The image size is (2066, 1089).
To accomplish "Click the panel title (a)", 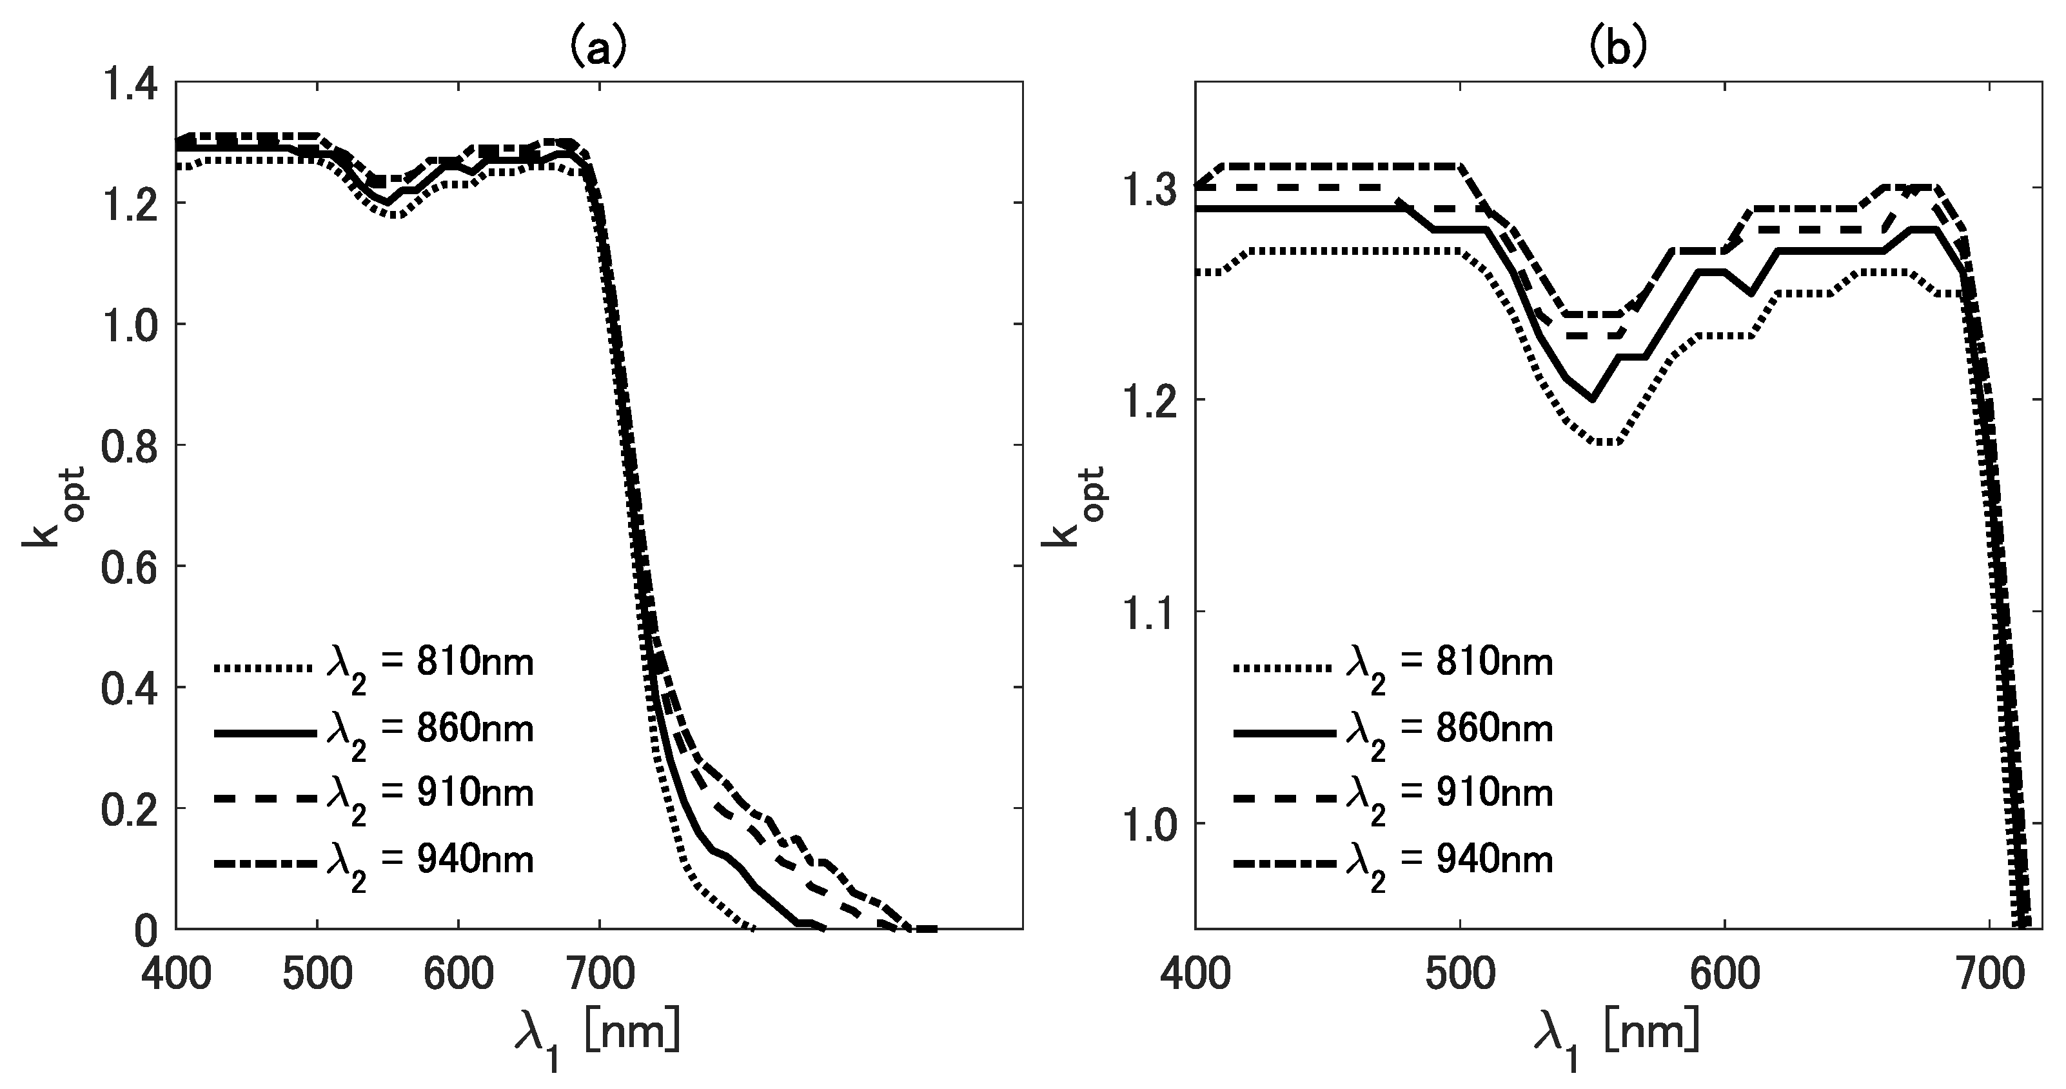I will tap(598, 50).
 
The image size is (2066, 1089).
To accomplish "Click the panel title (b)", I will tap(1618, 50).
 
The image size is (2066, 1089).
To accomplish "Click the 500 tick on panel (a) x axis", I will tap(318, 974).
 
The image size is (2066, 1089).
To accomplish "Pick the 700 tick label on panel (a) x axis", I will tap(600, 974).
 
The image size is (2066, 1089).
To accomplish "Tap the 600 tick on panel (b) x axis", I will tap(1724, 974).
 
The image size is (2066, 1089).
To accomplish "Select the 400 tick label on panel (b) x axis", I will tap(1195, 974).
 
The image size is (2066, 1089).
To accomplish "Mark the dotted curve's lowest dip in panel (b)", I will tap(1604, 442).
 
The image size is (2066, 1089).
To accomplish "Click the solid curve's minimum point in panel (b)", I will tap(1593, 399).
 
